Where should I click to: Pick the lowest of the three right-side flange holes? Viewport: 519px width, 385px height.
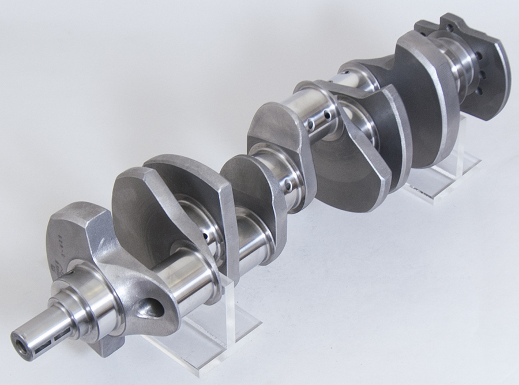tap(477, 90)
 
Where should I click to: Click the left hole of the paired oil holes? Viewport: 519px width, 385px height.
tap(310, 123)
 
